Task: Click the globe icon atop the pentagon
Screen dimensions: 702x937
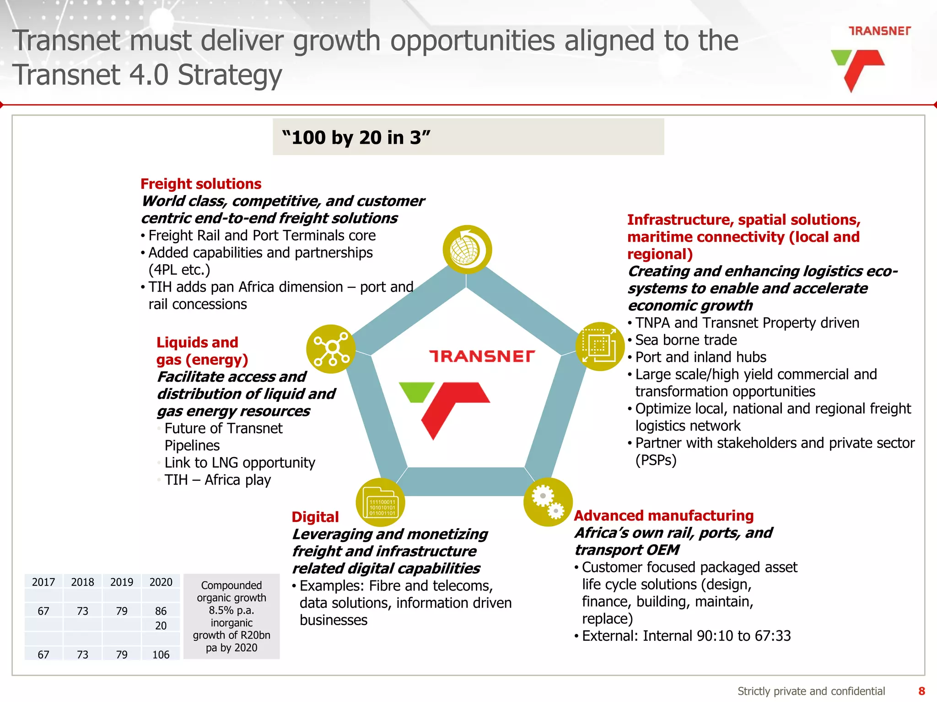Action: (x=467, y=250)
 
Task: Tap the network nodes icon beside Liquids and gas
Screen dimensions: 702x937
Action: (x=331, y=349)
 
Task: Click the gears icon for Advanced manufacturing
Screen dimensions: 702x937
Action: (x=548, y=502)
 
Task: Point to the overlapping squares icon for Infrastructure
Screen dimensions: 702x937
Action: (x=600, y=346)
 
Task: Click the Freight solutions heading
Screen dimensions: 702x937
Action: (x=201, y=184)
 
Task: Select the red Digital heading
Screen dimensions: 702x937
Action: (x=315, y=517)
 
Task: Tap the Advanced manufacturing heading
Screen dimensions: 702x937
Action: (x=663, y=516)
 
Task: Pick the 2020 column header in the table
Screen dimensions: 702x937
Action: (x=161, y=582)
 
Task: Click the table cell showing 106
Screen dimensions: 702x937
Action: (x=161, y=654)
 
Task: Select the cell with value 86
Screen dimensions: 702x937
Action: (x=161, y=611)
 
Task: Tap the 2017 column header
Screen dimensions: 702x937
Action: (x=43, y=582)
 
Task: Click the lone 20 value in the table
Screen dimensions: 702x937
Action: (x=161, y=626)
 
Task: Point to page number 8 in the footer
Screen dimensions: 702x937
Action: (x=922, y=691)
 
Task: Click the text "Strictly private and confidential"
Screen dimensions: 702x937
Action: (x=811, y=691)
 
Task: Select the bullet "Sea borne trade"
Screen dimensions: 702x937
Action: (x=686, y=340)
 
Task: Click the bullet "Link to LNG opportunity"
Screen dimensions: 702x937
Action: (x=240, y=463)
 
